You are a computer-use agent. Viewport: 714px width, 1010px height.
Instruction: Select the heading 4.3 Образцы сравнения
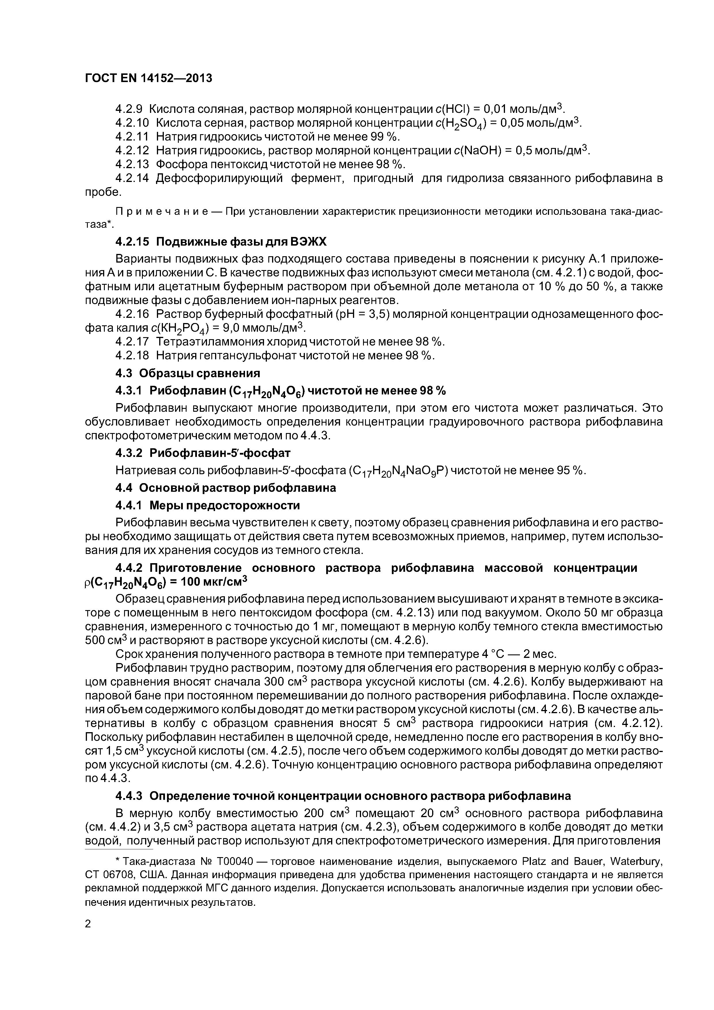click(x=187, y=373)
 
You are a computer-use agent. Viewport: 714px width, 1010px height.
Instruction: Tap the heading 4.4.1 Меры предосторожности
click(x=207, y=506)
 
